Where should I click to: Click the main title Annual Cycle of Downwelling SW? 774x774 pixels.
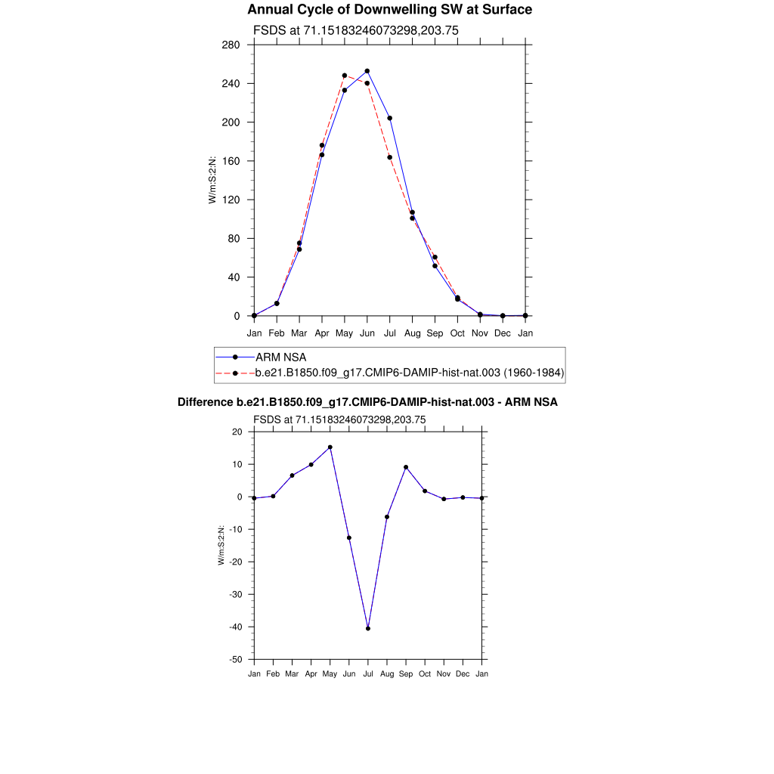pyautogui.click(x=389, y=10)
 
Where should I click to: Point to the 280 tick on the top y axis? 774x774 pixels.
pyautogui.click(x=231, y=45)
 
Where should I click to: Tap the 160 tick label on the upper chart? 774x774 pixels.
pyautogui.click(x=231, y=161)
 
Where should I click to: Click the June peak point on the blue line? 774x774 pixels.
pyautogui.click(x=367, y=71)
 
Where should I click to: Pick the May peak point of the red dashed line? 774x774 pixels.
pyautogui.click(x=345, y=76)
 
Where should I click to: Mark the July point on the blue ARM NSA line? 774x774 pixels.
pyautogui.click(x=390, y=118)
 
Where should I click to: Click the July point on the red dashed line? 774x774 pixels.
pyautogui.click(x=390, y=157)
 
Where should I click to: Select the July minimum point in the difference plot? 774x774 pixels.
pyautogui.click(x=368, y=628)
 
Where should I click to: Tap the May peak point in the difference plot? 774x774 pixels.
pyautogui.click(x=330, y=447)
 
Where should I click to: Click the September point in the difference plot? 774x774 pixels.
pyautogui.click(x=406, y=467)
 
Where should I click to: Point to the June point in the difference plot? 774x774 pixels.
pyautogui.click(x=349, y=537)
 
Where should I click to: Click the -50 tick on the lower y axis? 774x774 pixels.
pyautogui.click(x=235, y=660)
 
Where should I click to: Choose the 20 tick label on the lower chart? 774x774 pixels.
pyautogui.click(x=237, y=432)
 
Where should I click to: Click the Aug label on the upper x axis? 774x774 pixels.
pyautogui.click(x=413, y=333)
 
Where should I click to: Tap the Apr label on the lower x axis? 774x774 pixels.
pyautogui.click(x=311, y=673)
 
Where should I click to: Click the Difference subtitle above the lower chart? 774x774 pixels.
pyautogui.click(x=367, y=402)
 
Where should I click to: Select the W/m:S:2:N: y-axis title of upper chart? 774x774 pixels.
pyautogui.click(x=213, y=180)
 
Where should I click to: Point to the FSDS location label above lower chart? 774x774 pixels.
pyautogui.click(x=339, y=420)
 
